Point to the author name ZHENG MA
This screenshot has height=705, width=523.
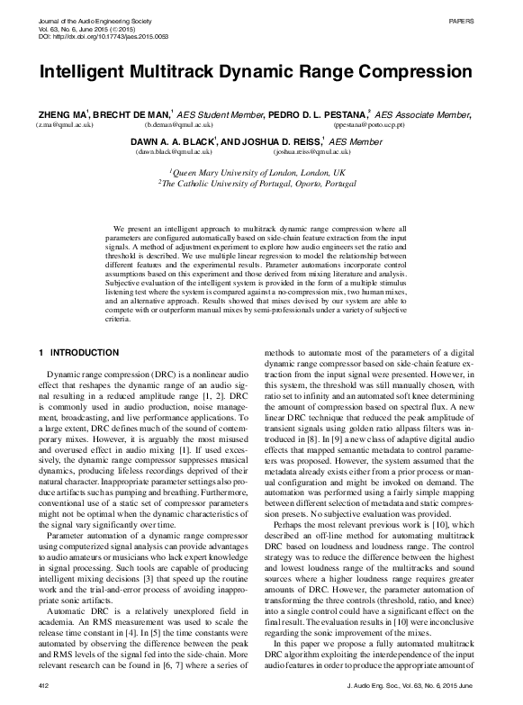tap(64, 115)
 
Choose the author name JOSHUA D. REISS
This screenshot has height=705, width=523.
tap(284, 142)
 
